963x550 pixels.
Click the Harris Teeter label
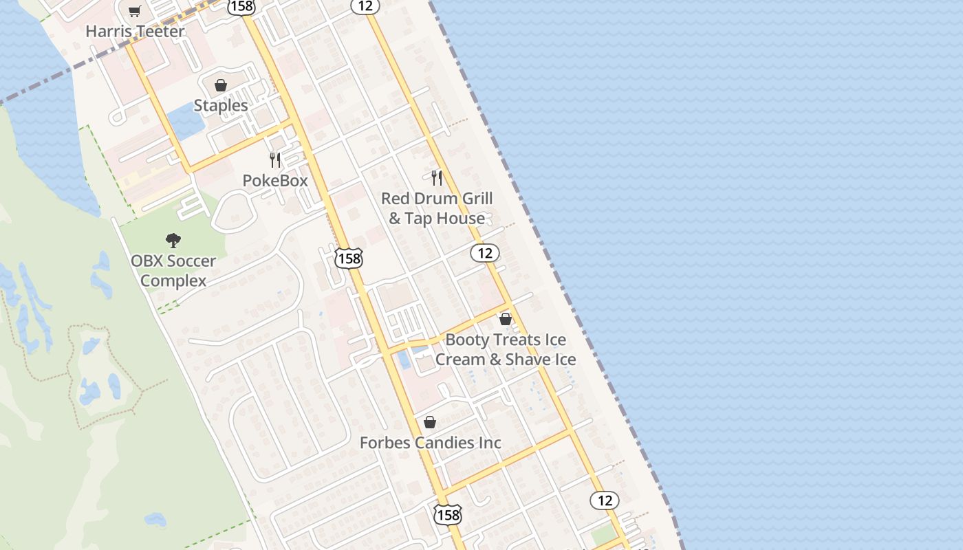pos(135,32)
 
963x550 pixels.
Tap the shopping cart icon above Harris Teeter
pos(135,11)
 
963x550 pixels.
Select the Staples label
pos(220,105)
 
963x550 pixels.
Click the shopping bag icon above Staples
pos(221,85)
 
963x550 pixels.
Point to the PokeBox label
pos(275,180)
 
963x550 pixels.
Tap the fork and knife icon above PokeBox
pos(275,160)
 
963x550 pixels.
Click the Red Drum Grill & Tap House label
pos(437,208)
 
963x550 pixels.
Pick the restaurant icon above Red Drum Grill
pos(437,178)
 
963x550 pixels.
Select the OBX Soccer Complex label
pos(173,271)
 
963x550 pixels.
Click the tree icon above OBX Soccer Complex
pos(173,241)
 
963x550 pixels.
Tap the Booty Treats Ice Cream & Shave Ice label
pos(506,349)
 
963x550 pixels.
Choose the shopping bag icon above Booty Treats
pos(506,319)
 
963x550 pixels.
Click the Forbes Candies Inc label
pos(431,443)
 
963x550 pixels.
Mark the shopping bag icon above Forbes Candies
pos(430,422)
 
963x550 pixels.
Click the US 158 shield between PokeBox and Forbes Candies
pos(349,258)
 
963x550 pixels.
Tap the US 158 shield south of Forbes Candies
pos(447,514)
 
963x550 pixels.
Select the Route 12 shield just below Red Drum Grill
pos(485,253)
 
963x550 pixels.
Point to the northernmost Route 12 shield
pos(365,6)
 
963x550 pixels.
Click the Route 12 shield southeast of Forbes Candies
pos(605,500)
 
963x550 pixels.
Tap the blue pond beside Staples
pos(184,122)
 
